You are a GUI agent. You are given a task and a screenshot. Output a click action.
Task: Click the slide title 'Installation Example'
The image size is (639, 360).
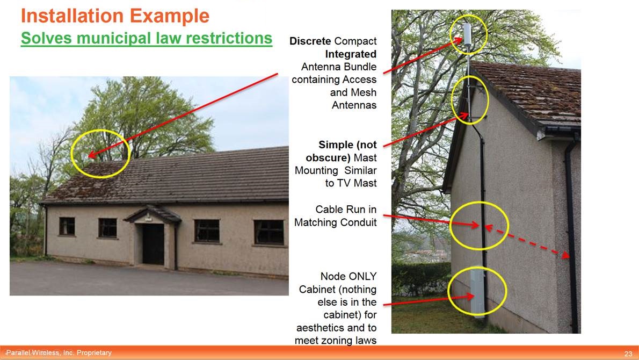(x=114, y=16)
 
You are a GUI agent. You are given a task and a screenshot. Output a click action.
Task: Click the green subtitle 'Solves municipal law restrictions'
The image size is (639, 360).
(x=146, y=39)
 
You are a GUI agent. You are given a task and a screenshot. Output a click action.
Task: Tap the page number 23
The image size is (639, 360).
(x=628, y=353)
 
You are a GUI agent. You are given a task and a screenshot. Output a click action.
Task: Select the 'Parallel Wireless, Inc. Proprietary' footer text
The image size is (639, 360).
(x=59, y=352)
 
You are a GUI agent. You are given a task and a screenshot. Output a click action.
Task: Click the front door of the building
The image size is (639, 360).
(x=153, y=243)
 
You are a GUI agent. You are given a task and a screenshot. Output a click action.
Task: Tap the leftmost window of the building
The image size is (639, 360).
(x=67, y=226)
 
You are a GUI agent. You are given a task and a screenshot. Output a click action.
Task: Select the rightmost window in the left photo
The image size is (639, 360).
(x=268, y=232)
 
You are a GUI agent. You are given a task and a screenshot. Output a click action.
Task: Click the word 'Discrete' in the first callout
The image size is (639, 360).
(x=310, y=41)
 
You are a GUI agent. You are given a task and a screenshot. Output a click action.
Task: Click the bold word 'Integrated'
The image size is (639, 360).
(x=351, y=54)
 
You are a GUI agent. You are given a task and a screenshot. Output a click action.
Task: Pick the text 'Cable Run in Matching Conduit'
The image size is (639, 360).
(x=336, y=216)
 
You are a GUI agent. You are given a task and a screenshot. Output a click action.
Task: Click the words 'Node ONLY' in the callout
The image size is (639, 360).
(x=348, y=276)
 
